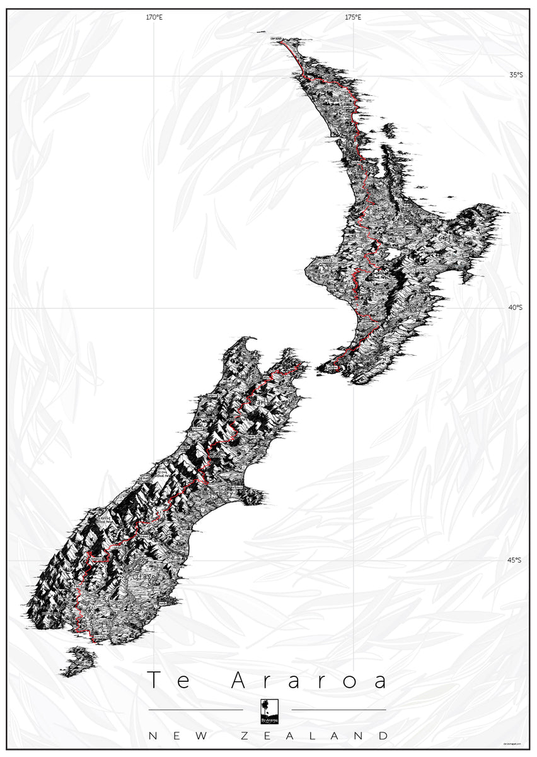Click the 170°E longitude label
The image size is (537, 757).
pos(154,18)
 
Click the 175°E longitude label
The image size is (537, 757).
pos(353,18)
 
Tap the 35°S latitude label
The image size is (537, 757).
pos(516,75)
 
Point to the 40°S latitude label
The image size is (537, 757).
pos(516,307)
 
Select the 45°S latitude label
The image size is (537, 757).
pos(516,560)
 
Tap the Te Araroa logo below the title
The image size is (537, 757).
pos(268,711)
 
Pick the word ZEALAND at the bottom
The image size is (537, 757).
pos(315,736)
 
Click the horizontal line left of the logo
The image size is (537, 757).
pos(195,710)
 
